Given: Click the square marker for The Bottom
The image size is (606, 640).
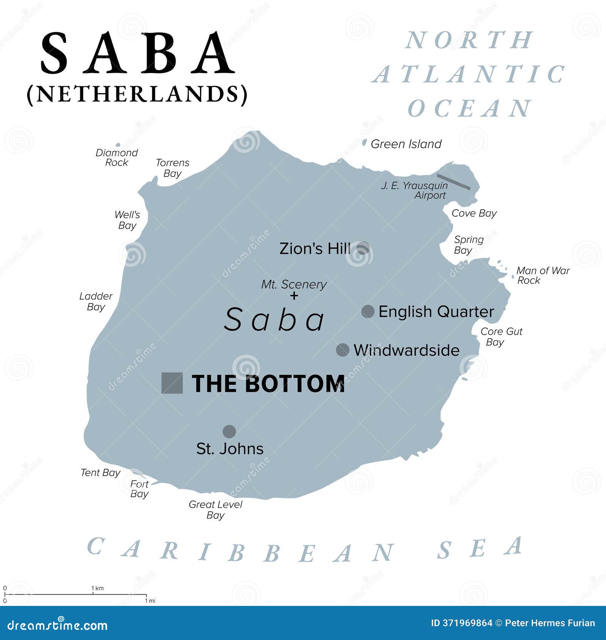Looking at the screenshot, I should point(172,383).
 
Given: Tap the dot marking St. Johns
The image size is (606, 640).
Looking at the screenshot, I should point(229,431).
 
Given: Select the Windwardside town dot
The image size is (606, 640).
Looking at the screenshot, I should point(342,350).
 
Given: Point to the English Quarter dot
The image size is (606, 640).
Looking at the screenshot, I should point(368,311).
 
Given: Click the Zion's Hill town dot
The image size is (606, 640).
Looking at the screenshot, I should point(363,248).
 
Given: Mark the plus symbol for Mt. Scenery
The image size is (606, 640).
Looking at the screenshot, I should point(294,296).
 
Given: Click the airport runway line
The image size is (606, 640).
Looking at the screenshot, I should point(453,182).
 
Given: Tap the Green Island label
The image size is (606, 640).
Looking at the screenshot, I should point(406,144).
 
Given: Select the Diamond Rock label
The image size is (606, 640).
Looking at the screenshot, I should point(117,158).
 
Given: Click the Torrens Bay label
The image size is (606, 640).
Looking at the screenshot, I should point(172,168).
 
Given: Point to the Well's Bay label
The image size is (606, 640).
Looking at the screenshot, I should point(127,220).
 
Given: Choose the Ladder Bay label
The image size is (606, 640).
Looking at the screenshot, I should point(96,301).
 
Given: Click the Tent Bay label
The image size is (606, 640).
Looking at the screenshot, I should point(100,473).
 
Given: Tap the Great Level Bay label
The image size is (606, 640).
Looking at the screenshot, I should point(216,510).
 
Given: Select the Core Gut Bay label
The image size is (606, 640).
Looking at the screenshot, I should point(501,337).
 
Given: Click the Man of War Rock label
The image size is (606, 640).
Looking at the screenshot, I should point(542,275).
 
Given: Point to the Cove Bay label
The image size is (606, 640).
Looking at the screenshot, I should point(474,213).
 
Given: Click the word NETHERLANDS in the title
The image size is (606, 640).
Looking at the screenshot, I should point(137,94).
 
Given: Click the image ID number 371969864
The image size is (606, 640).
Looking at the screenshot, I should point(467,623).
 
